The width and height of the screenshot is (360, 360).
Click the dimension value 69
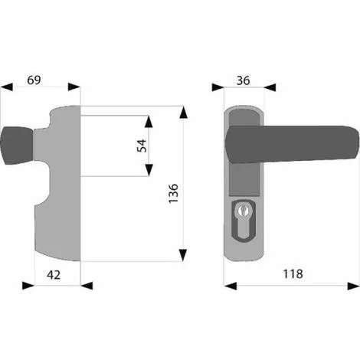coord(34,80)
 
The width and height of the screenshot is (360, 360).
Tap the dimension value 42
coord(54,275)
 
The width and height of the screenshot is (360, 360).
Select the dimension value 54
coord(142,146)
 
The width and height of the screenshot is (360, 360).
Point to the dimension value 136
coord(173,193)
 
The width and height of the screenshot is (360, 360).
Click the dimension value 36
coord(243,80)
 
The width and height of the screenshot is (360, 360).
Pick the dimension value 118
coord(293,274)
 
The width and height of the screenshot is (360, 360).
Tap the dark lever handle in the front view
coord(293,143)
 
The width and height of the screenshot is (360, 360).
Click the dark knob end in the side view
coord(17,146)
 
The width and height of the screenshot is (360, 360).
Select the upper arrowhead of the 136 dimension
coord(183,113)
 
